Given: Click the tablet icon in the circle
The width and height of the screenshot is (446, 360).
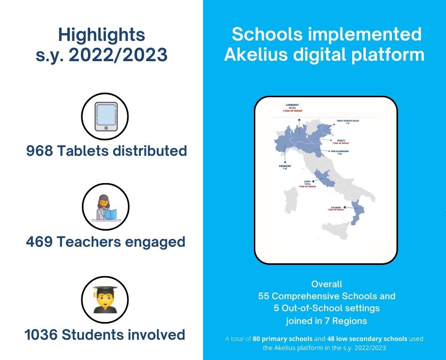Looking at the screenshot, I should pos(105,117).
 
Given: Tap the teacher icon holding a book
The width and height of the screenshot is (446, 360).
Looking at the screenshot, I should pos(106,207).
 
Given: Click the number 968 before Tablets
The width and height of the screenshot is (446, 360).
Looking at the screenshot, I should pos(40,151).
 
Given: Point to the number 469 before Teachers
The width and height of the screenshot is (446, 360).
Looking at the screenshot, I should pos(39,242).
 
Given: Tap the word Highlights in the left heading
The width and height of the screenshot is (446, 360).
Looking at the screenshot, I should pos(102,35).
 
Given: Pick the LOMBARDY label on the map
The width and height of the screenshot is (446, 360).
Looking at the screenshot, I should pos(292,105).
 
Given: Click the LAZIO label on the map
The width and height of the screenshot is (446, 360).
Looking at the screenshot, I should pos(307,181).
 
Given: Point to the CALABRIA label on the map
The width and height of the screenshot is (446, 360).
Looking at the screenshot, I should pos(336,207).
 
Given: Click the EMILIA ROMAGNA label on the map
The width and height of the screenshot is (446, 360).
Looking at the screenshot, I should pos(339,151).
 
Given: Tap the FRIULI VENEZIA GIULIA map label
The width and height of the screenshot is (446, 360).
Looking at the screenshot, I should pos(348,121).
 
